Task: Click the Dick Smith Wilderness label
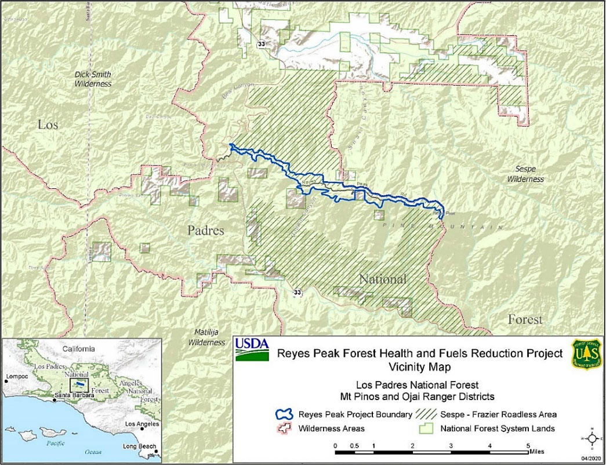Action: click(x=93, y=79)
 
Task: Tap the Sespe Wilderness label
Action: click(x=526, y=174)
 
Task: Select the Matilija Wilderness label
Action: click(x=206, y=338)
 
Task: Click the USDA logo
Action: click(x=252, y=349)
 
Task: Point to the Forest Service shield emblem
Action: click(x=587, y=354)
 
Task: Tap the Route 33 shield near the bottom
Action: click(x=297, y=291)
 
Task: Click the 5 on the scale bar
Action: click(x=528, y=446)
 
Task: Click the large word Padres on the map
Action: click(x=206, y=230)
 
